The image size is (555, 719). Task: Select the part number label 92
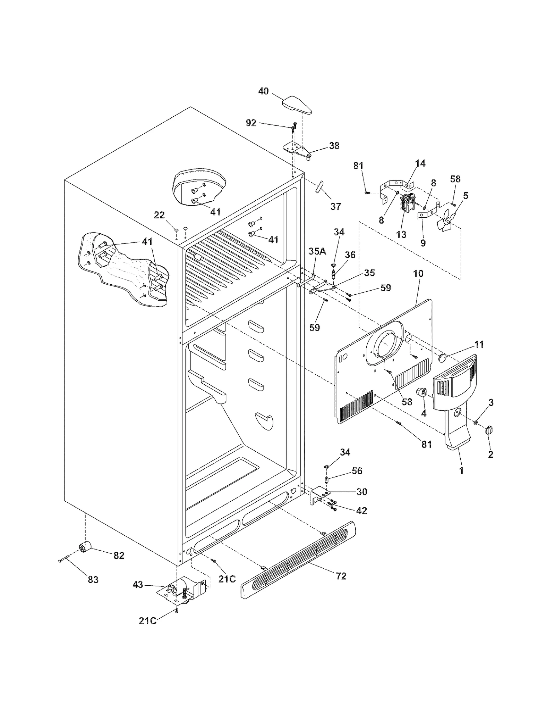251,123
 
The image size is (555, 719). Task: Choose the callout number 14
420,163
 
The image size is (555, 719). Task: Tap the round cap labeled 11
443,358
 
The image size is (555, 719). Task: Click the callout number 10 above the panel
418,273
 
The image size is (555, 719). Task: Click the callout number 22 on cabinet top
159,215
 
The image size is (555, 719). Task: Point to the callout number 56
357,471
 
